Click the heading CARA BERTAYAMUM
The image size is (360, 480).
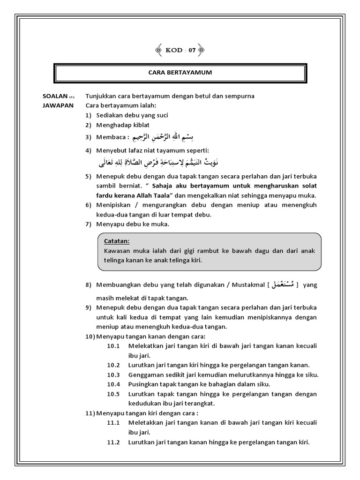(x=180, y=73)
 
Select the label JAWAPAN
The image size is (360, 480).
(x=58, y=105)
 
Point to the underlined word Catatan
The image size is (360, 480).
(x=117, y=241)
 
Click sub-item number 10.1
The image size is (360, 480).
(x=114, y=346)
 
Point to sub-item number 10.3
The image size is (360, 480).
(x=114, y=375)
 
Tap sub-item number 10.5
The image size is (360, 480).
(x=114, y=394)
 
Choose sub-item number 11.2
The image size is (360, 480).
(x=114, y=442)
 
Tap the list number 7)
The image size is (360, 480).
(x=89, y=224)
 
